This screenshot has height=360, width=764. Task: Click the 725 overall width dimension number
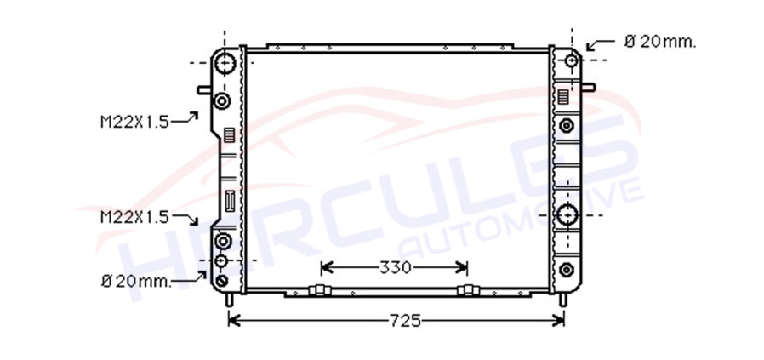[404, 321]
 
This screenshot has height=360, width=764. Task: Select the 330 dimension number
[395, 267]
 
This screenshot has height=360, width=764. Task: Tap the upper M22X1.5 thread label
[134, 122]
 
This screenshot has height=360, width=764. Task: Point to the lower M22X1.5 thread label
[134, 217]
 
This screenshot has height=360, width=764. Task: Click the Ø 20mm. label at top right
[660, 43]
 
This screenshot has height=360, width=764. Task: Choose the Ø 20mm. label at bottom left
[136, 281]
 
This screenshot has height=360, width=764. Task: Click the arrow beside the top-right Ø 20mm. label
[601, 45]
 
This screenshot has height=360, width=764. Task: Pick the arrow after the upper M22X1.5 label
[185, 117]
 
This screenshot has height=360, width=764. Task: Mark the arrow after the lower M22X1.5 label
[185, 219]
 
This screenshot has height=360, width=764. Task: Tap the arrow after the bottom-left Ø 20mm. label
[190, 277]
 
